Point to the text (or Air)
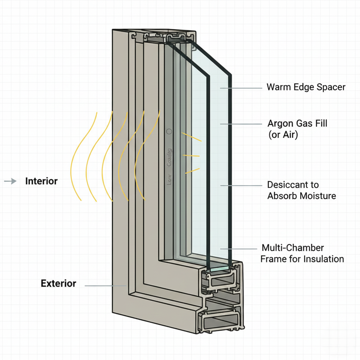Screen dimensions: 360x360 (283, 135)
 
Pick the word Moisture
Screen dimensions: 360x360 (319, 196)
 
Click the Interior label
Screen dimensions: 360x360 (41, 181)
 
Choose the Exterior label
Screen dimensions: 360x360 (58, 283)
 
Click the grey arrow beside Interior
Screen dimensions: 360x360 (10, 181)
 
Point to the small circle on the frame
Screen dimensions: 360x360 (169, 131)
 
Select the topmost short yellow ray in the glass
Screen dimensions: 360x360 (191, 137)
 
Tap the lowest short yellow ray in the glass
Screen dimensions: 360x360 (192, 171)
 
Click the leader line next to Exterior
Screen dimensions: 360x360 (105, 286)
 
